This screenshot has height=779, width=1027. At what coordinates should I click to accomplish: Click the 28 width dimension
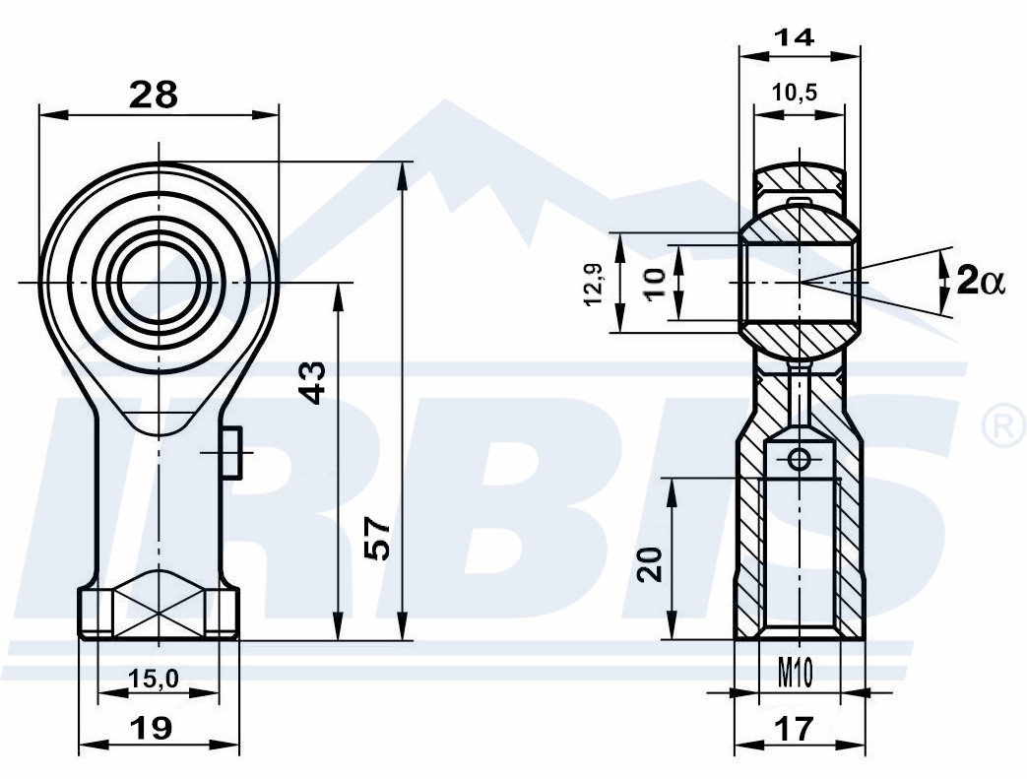pyautogui.click(x=154, y=95)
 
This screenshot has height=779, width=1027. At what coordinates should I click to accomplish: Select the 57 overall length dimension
pyautogui.click(x=377, y=538)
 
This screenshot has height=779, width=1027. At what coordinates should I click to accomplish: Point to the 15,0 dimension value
pyautogui.click(x=154, y=680)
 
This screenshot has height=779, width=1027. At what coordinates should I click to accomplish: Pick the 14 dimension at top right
pyautogui.click(x=795, y=37)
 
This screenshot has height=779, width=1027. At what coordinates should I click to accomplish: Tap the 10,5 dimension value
pyautogui.click(x=795, y=93)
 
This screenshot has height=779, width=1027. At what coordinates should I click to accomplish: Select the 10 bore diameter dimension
pyautogui.click(x=655, y=283)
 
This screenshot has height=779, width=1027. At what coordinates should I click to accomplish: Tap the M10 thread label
pyautogui.click(x=796, y=673)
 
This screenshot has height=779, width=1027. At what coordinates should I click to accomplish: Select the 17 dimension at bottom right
pyautogui.click(x=794, y=728)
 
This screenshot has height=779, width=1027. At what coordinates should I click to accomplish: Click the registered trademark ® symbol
pyautogui.click(x=1005, y=426)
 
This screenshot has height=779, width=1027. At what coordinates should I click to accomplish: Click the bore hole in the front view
pyautogui.click(x=159, y=283)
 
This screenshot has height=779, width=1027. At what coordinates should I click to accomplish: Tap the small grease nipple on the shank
pyautogui.click(x=230, y=452)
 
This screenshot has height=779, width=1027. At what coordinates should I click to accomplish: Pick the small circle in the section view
pyautogui.click(x=799, y=459)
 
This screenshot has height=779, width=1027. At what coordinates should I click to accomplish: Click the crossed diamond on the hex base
pyautogui.click(x=159, y=602)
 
